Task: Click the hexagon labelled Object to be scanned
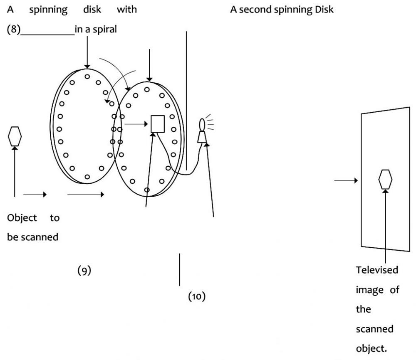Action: point(15,136)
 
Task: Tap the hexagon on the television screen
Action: point(385,180)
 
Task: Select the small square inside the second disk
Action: point(158,124)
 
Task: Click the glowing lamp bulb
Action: point(202,124)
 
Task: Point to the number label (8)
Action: point(14,29)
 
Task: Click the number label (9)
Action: point(84,270)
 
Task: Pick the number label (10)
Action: point(197,296)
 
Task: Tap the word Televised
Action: point(377,270)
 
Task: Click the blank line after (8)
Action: point(48,35)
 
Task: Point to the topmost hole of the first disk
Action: point(87,76)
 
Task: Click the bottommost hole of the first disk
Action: point(87,177)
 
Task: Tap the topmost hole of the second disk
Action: point(147,90)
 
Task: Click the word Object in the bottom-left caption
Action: point(22,218)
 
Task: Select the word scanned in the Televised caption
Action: point(375,329)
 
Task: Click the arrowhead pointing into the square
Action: point(146,124)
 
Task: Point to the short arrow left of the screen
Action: point(346,180)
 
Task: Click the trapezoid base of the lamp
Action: point(202,137)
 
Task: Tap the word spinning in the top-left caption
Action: point(48,10)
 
